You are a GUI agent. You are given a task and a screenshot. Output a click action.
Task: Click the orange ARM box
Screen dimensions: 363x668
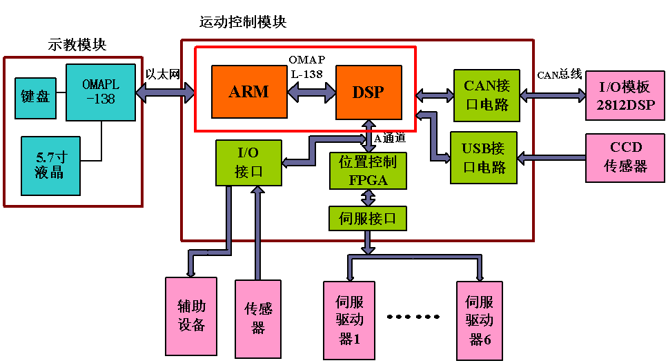[248, 92]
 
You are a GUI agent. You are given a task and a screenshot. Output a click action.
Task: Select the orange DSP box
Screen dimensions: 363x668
[369, 92]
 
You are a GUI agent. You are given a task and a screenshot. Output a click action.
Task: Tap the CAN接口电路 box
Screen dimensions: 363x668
[487, 95]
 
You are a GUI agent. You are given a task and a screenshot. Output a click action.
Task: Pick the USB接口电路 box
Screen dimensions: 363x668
[483, 157]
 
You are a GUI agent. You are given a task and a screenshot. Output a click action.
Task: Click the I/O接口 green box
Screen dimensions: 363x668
[248, 162]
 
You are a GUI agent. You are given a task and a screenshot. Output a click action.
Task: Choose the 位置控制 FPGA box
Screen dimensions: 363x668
[368, 170]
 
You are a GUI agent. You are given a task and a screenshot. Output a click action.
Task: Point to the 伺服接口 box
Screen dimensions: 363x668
[368, 218]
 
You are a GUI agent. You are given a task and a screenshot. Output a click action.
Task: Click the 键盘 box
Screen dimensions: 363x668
[35, 97]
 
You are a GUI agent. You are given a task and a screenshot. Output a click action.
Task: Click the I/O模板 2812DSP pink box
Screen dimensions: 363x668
[625, 96]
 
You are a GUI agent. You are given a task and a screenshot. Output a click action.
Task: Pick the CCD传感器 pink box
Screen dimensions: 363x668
[625, 157]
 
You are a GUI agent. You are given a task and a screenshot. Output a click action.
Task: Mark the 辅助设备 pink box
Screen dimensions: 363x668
[191, 315]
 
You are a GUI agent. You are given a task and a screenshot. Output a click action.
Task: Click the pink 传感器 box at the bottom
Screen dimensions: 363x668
[258, 317]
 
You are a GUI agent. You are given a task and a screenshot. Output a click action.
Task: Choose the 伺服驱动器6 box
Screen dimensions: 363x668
[479, 320]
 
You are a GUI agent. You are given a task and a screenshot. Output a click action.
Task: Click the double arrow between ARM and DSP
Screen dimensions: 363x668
[311, 92]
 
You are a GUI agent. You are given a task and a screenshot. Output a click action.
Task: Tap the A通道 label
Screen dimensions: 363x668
[390, 138]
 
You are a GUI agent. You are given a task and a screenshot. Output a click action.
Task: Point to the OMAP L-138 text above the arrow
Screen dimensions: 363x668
[306, 66]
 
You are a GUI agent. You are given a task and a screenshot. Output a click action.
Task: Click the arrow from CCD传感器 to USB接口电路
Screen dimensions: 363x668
[551, 159]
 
